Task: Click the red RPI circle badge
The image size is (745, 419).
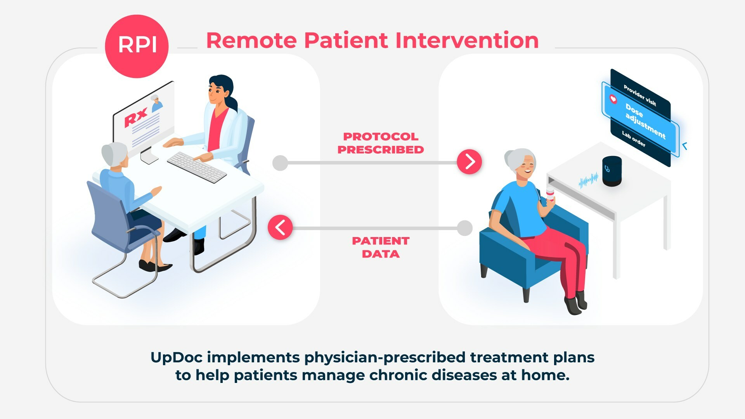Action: pyautogui.click(x=137, y=46)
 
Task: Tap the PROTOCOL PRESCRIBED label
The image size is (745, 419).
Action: pyautogui.click(x=381, y=143)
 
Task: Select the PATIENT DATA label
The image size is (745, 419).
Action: pyautogui.click(x=381, y=248)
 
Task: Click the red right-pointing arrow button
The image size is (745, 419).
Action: pyautogui.click(x=469, y=161)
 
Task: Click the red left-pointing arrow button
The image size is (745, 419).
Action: pyautogui.click(x=280, y=227)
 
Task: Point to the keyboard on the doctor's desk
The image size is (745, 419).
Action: pyautogui.click(x=197, y=167)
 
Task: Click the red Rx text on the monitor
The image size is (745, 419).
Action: pyautogui.click(x=136, y=117)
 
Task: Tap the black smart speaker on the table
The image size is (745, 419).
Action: pyautogui.click(x=612, y=171)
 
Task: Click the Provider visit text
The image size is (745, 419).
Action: pyautogui.click(x=640, y=95)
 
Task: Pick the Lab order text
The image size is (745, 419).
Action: pyautogui.click(x=634, y=139)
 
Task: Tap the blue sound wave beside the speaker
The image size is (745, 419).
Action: pyautogui.click(x=589, y=180)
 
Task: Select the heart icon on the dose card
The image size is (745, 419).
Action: pyautogui.click(x=613, y=99)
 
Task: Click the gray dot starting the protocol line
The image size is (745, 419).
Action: pyautogui.click(x=280, y=163)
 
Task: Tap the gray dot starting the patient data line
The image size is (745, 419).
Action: pyautogui.click(x=464, y=228)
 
